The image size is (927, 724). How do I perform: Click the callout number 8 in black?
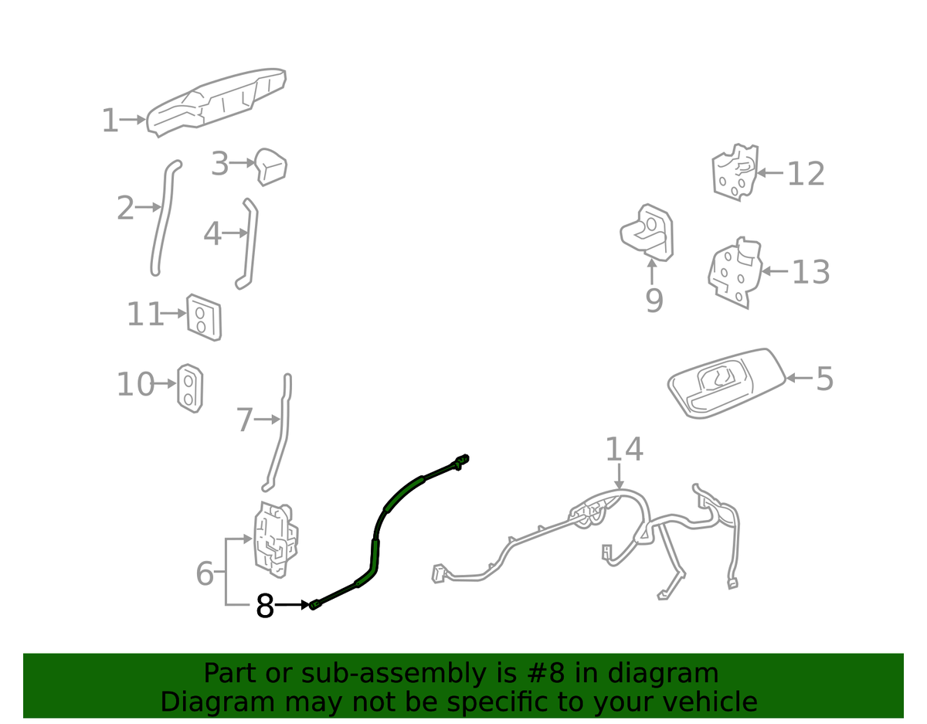(x=264, y=607)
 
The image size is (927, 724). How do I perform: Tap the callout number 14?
(x=624, y=449)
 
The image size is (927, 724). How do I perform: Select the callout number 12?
(x=806, y=174)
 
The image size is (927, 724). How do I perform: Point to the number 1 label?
(x=110, y=121)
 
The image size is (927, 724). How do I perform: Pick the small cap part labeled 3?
(x=270, y=167)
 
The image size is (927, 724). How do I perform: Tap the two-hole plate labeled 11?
(x=204, y=318)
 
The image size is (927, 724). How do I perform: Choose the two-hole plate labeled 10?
(x=190, y=388)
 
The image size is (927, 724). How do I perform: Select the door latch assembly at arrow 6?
(x=276, y=539)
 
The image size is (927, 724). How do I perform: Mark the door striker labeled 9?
(x=647, y=233)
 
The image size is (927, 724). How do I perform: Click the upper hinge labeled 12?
(x=735, y=172)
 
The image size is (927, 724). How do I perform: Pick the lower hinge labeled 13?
(x=735, y=273)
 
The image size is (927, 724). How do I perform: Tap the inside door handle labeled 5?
(x=726, y=383)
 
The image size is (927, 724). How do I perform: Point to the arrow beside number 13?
(x=774, y=271)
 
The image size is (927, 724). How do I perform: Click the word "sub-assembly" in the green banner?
(x=393, y=674)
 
